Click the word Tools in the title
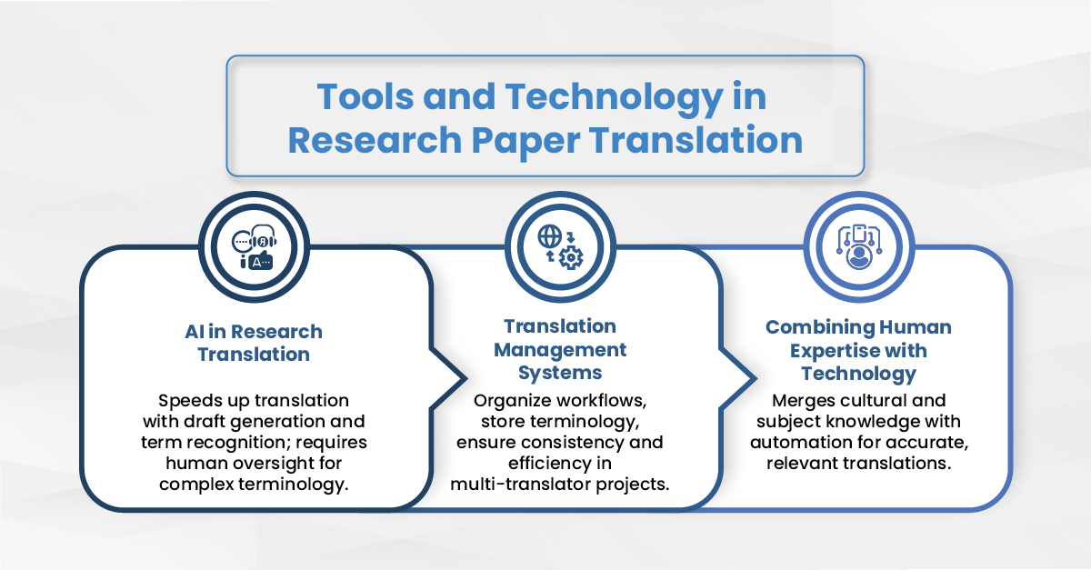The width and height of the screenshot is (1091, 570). (365, 96)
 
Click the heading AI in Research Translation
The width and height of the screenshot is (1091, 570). (254, 343)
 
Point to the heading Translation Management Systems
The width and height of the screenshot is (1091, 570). (560, 349)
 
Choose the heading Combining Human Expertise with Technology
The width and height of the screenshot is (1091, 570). (858, 350)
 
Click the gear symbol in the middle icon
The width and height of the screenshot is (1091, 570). (571, 257)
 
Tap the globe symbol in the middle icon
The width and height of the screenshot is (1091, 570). (549, 236)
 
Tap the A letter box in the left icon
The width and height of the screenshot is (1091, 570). (261, 263)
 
